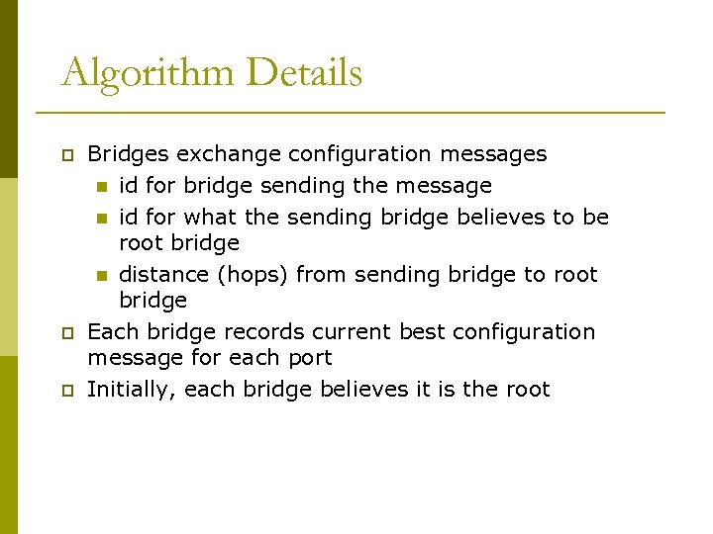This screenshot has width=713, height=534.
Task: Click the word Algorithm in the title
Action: (147, 74)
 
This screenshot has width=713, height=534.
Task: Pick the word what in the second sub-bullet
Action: (211, 217)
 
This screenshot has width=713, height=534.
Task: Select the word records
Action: (261, 331)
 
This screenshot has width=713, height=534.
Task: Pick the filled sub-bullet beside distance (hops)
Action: (101, 276)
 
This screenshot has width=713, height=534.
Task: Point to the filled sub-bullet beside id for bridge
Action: (101, 187)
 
